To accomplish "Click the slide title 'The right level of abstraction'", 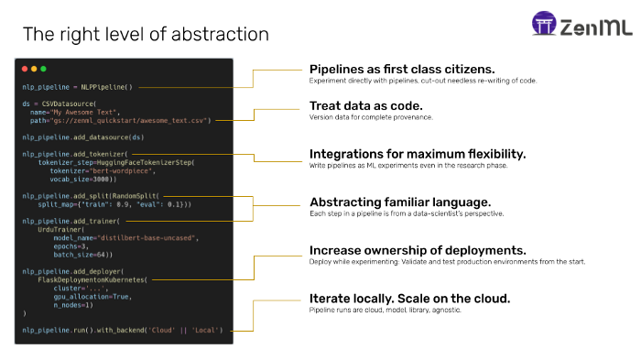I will (x=146, y=35).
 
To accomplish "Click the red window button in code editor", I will (x=25, y=70).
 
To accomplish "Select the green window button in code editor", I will (x=43, y=70).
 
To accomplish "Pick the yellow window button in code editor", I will (x=34, y=70).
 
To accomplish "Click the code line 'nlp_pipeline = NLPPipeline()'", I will (x=78, y=88).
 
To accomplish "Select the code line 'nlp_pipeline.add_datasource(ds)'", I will (x=83, y=136).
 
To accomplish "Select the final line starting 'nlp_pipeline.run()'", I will (x=122, y=329).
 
